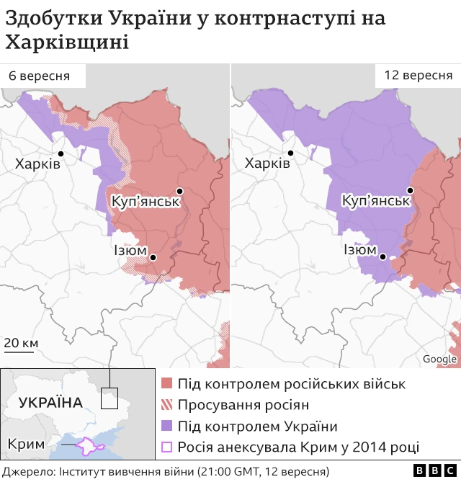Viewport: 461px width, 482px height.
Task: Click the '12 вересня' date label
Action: [x=418, y=76]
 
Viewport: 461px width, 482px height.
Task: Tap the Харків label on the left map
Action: [x=37, y=164]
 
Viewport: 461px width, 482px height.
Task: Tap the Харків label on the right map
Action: [x=267, y=164]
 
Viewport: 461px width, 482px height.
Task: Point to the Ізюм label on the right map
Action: [x=359, y=251]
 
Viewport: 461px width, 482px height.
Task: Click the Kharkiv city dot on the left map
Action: [x=62, y=153]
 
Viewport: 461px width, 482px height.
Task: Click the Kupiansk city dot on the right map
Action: [x=410, y=191]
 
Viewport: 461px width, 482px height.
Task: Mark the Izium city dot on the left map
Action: [x=153, y=257]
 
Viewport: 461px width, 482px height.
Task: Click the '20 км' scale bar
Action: [x=21, y=344]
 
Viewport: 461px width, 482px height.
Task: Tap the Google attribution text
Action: [x=439, y=359]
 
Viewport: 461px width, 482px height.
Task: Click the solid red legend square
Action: [x=166, y=384]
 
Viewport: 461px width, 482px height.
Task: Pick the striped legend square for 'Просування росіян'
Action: [x=166, y=405]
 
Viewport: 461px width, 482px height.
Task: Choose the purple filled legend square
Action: [x=166, y=426]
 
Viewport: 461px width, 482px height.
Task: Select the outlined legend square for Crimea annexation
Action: [x=166, y=447]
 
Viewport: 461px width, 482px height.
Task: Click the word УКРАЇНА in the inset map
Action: [x=50, y=402]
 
